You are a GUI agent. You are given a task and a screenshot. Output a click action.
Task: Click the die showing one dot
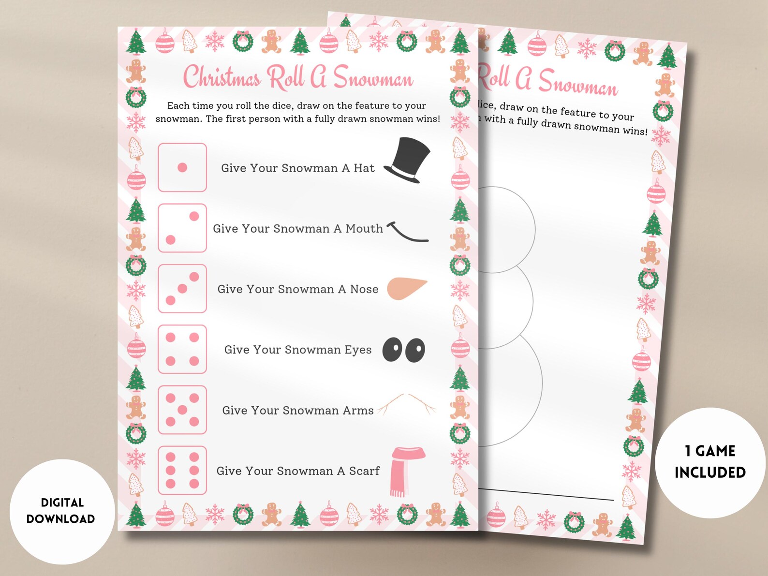tap(182, 167)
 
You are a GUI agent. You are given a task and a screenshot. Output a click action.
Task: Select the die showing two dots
tap(182, 228)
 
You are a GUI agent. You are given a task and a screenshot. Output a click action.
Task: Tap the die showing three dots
tap(182, 289)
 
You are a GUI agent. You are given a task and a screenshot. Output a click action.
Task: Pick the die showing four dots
tap(182, 349)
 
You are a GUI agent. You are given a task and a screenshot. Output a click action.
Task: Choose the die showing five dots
tap(182, 410)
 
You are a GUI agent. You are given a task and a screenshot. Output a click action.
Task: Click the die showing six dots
tap(182, 470)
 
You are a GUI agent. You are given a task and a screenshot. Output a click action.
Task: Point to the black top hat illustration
tap(408, 160)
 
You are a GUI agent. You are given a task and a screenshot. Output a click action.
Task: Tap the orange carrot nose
tap(406, 288)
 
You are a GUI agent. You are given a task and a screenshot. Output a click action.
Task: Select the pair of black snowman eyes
tap(404, 350)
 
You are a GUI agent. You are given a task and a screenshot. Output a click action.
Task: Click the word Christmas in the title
tap(222, 77)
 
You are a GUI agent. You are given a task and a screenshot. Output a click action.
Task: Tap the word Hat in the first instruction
tap(364, 168)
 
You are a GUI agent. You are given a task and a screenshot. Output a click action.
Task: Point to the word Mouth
tap(364, 228)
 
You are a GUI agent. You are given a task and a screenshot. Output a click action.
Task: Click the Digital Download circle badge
tap(62, 511)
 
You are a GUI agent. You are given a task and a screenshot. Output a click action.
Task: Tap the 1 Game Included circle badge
tap(710, 462)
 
